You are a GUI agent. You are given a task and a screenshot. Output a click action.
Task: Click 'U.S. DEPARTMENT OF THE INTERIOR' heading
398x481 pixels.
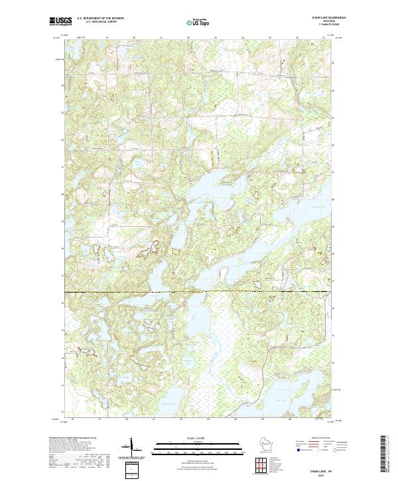pyautogui.click(x=100, y=19)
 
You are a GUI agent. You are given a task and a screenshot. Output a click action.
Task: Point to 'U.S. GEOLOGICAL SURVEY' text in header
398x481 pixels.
pyautogui.click(x=97, y=22)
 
